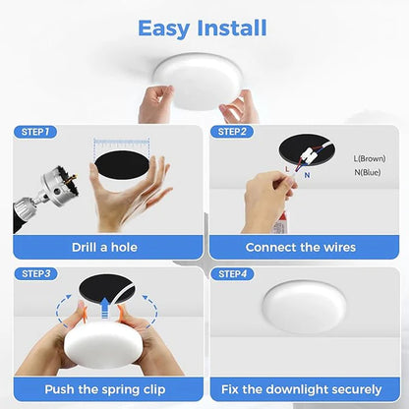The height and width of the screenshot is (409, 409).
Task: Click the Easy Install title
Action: tap(203, 28)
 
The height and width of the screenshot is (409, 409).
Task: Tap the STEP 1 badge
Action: tap(36, 131)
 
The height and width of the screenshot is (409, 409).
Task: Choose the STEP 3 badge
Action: tap(36, 272)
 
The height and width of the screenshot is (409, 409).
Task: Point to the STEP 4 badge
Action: tap(234, 272)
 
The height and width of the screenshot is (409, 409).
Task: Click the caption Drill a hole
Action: tap(104, 248)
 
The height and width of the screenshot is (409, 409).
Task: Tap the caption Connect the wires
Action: tap(300, 248)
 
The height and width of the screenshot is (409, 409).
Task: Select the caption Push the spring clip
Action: tap(104, 390)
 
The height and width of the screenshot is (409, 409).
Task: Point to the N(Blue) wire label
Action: tap(370, 173)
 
